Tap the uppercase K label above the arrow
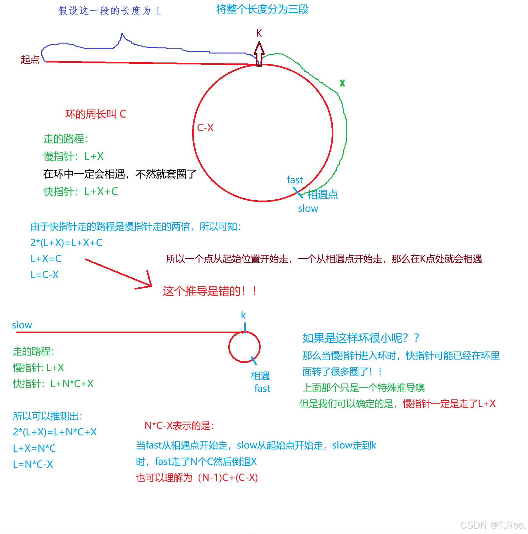[259, 33]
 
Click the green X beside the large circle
[342, 83]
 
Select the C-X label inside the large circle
[205, 128]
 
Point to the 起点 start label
[30, 60]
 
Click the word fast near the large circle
[295, 180]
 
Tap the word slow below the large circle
[308, 209]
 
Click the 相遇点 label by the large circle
[322, 194]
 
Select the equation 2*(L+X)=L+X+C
[66, 243]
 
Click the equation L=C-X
[45, 275]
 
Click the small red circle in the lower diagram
[244, 347]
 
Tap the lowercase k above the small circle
[243, 315]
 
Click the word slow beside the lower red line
[22, 325]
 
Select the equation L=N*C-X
[33, 464]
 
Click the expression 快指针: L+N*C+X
[53, 384]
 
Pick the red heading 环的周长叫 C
[96, 114]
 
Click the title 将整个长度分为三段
[262, 9]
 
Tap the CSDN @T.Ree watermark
[493, 525]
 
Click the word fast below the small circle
[262, 389]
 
